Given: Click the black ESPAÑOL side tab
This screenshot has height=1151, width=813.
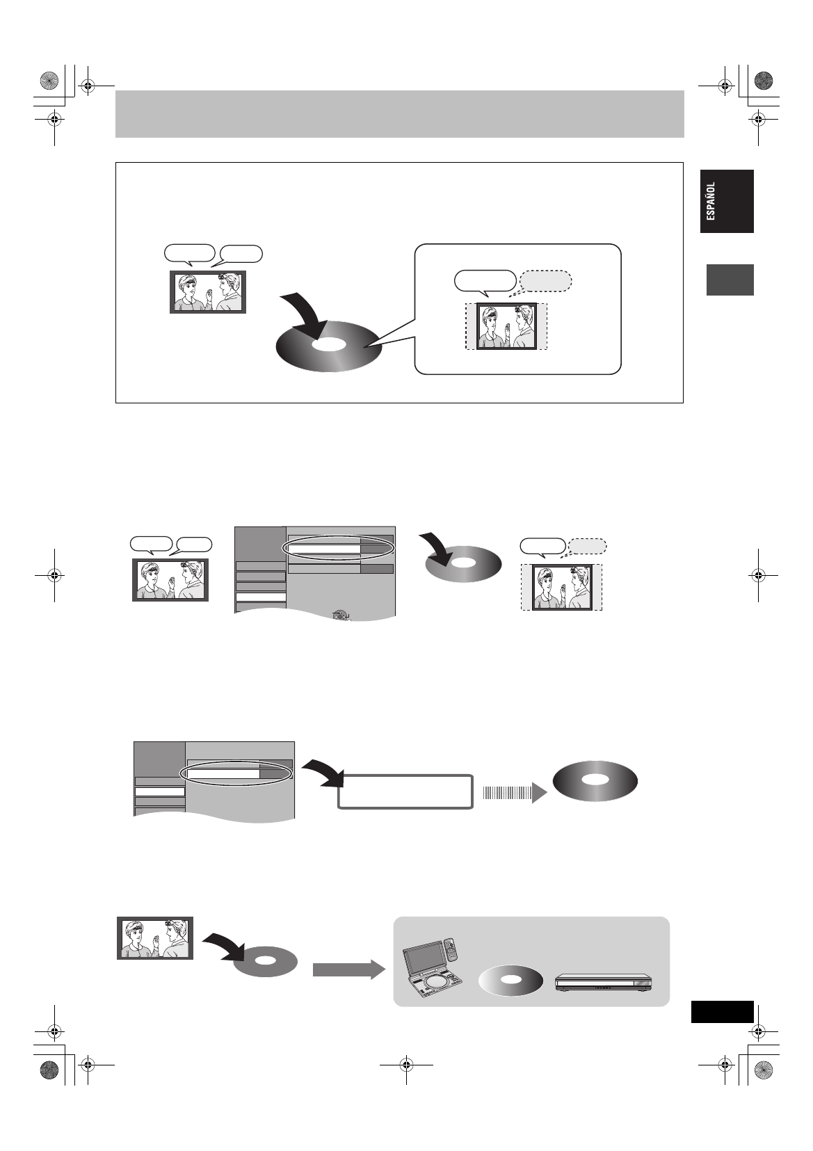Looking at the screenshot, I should [x=727, y=201].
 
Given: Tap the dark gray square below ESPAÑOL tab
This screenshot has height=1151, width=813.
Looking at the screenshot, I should [x=730, y=280].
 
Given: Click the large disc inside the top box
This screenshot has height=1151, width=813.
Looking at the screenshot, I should [x=330, y=346].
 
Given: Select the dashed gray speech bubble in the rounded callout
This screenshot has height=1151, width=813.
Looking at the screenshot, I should [x=546, y=281].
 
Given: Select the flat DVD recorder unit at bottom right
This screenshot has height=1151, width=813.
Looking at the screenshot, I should [x=604, y=982].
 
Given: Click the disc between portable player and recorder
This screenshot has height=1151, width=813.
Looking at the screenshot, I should [x=511, y=979].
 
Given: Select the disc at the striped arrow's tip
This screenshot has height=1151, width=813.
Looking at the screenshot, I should [x=595, y=781].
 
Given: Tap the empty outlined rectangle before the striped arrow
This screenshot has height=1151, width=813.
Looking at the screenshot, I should [x=405, y=791].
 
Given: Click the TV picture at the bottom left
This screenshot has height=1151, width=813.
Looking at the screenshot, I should [x=155, y=938].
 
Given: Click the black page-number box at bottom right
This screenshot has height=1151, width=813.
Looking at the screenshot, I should [x=723, y=1012].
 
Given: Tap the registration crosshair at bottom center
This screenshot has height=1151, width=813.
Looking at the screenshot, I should [x=406, y=1064].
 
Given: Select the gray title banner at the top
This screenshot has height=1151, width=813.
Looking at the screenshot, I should [x=400, y=114].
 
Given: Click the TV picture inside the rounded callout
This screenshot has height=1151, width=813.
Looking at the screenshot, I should [x=506, y=325].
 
